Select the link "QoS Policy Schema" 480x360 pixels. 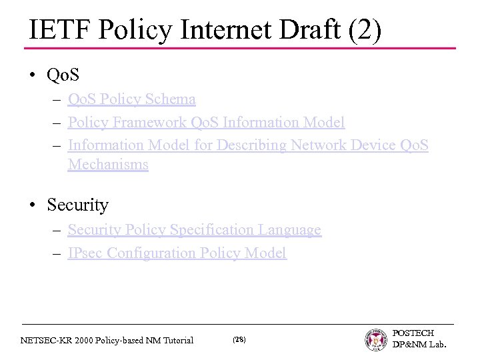pos(131,99)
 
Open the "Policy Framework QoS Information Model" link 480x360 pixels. pos(206,123)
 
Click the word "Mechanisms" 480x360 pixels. pos(107,164)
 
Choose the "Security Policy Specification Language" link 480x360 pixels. pos(194,230)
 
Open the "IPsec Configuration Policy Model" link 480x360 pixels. pos(177,253)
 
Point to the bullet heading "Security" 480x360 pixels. pos(77,205)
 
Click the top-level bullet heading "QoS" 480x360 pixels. pos(63,76)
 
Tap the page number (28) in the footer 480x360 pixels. pos(239,340)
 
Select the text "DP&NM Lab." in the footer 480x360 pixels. pos(419,345)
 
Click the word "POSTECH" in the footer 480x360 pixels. pos(413,333)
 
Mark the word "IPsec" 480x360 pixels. pos(85,253)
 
